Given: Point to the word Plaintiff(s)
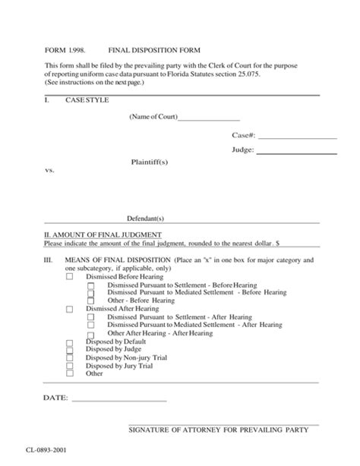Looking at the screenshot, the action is coord(149,162).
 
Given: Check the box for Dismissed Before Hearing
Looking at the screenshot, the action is coord(69,277).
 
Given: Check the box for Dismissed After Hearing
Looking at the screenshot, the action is coord(69,309).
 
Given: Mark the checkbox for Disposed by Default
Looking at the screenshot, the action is coord(69,342).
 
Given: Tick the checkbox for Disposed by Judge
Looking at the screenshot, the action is coord(69,350).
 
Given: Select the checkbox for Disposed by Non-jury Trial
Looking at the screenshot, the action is coord(69,358).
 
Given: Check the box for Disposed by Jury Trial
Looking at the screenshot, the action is coord(69,366).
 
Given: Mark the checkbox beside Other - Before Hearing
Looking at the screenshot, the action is coord(90,300).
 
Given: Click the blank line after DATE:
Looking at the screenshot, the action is coord(118,399).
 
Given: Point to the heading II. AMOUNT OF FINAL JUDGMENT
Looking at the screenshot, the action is coord(103,235).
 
